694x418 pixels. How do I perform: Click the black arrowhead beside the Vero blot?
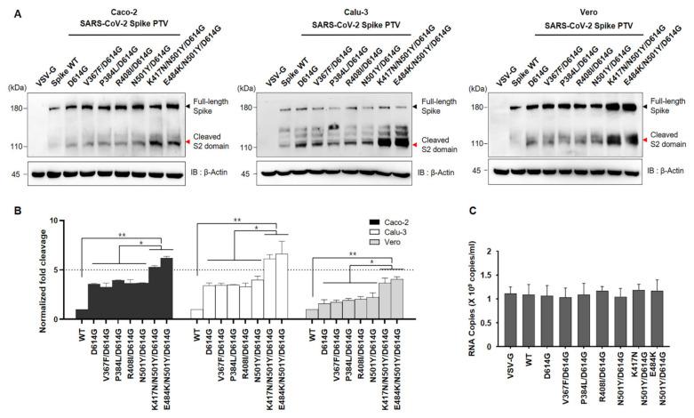(643, 107)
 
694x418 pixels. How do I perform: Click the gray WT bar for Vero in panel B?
(310, 314)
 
